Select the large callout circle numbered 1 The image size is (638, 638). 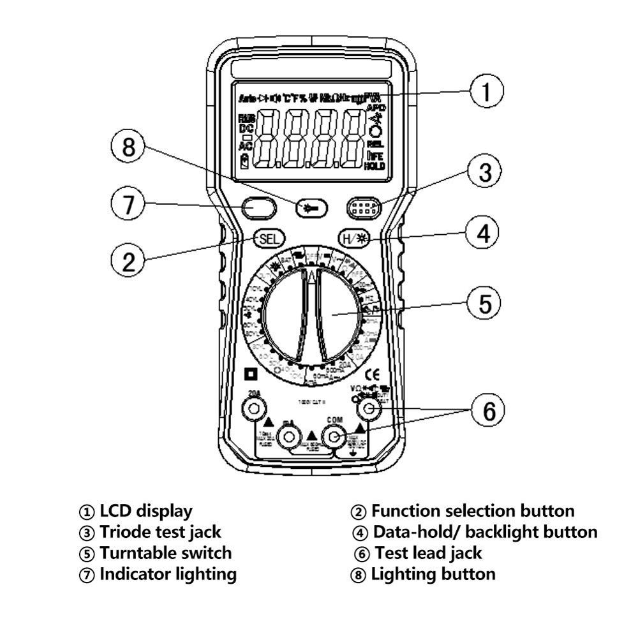[487, 92]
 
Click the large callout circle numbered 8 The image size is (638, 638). [129, 148]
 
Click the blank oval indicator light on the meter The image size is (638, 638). [258, 207]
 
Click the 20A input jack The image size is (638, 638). [255, 408]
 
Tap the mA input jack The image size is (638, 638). [289, 437]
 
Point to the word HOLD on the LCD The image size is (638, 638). [375, 166]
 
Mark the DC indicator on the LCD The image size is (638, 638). [246, 129]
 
